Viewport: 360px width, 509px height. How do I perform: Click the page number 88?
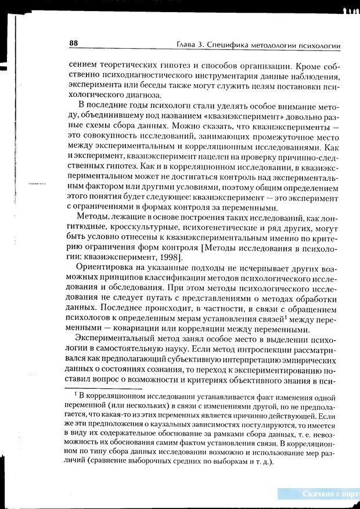(x=73, y=43)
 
